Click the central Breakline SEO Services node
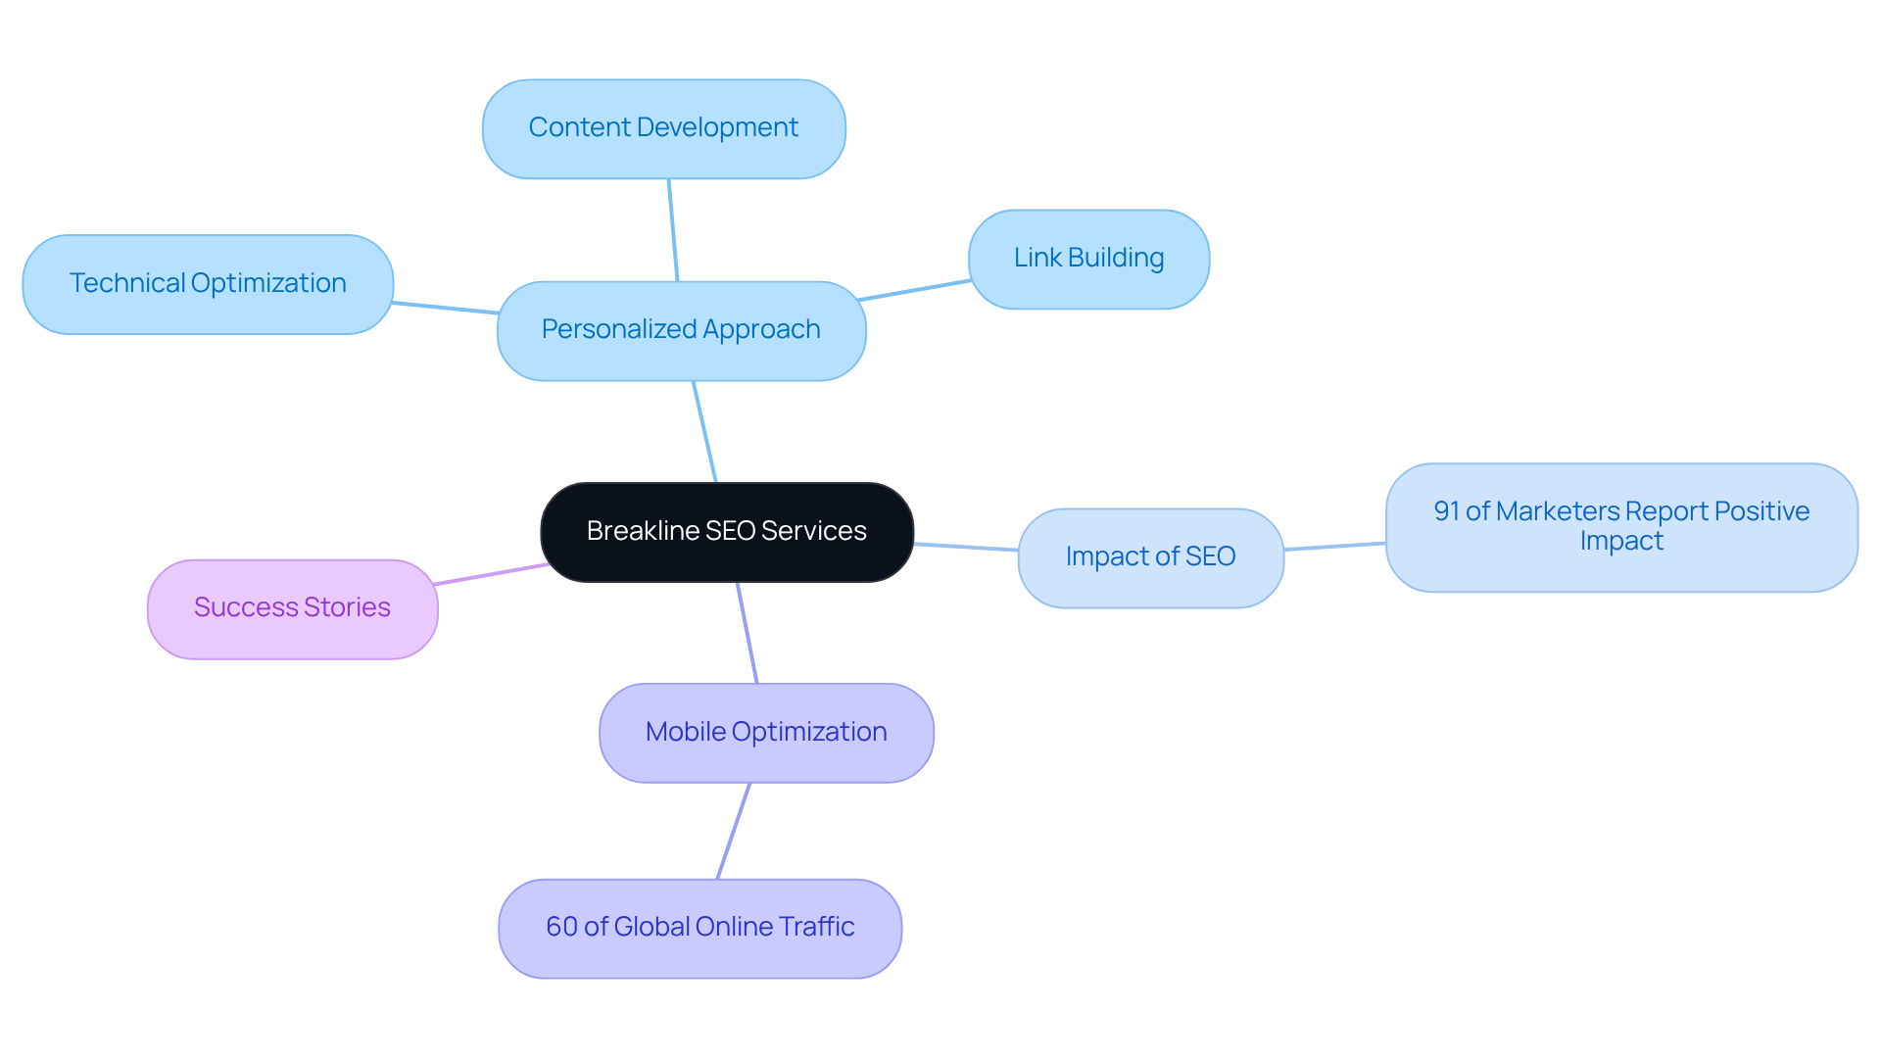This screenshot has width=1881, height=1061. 726,532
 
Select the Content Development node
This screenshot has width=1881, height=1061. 663,128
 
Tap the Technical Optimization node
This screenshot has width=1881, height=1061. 208,284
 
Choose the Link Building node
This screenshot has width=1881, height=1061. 1088,259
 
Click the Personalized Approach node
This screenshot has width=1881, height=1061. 681,330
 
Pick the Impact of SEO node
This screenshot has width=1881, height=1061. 1150,557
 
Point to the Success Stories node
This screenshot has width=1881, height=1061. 292,608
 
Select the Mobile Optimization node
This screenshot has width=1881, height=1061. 766,733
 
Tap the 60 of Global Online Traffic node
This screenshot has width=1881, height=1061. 699,928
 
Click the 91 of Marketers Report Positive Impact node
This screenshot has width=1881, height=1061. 1621,527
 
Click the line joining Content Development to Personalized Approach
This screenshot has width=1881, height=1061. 673,230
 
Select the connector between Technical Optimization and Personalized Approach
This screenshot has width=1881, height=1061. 446,309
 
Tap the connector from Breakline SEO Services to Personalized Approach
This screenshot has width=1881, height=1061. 705,432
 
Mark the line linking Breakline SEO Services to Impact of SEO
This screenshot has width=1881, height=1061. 966,547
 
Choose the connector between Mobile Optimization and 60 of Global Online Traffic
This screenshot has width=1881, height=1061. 734,831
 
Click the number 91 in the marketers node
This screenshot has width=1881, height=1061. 1446,511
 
